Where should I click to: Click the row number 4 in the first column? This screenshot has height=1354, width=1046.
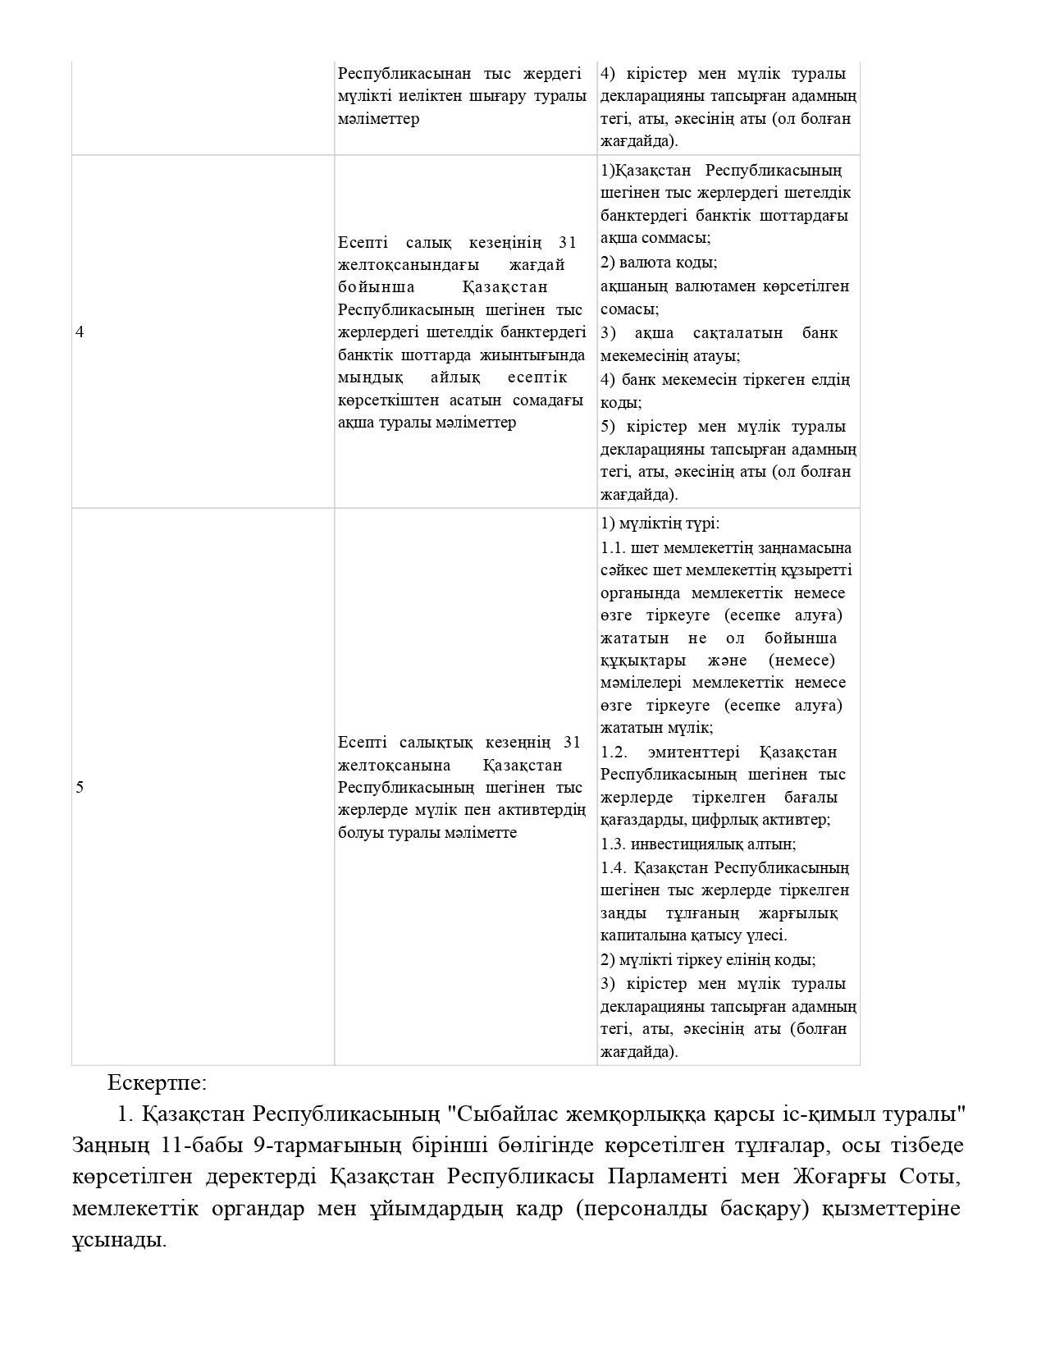(x=80, y=332)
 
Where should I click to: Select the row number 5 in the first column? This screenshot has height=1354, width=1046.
(x=80, y=788)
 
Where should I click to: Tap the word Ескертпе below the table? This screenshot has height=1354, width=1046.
(x=157, y=1082)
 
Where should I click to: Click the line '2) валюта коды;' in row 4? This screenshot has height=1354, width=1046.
(x=659, y=263)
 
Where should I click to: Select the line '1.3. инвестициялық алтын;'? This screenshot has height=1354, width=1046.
(x=698, y=844)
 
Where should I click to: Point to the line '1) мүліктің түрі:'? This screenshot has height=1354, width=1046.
(x=660, y=524)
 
